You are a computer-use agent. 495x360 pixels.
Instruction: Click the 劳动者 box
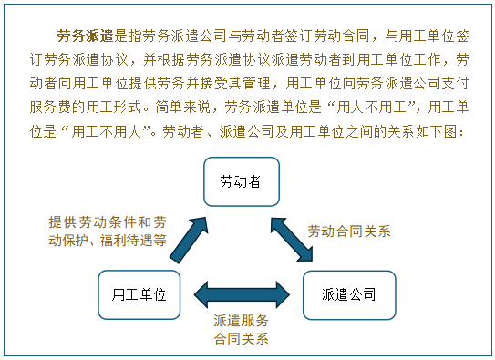(x=241, y=181)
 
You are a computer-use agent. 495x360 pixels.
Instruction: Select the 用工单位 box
(x=139, y=294)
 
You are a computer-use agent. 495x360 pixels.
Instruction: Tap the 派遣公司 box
(x=348, y=294)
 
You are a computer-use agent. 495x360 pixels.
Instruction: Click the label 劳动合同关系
(x=348, y=231)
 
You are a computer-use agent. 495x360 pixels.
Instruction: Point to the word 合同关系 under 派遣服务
(x=242, y=338)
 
